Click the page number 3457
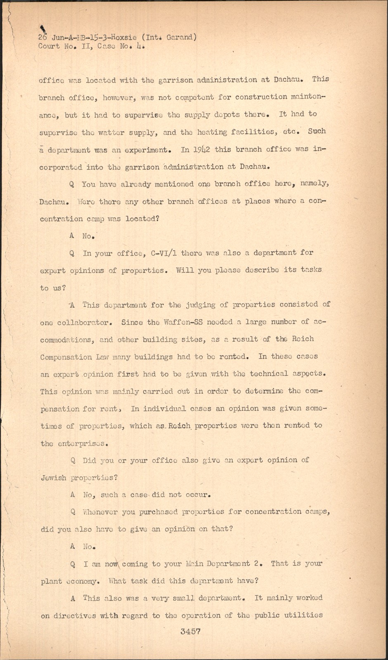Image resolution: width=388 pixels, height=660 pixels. [190, 632]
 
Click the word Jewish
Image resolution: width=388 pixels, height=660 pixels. [54, 478]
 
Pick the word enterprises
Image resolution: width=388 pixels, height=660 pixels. [83, 444]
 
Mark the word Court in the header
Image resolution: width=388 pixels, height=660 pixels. [49, 46]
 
